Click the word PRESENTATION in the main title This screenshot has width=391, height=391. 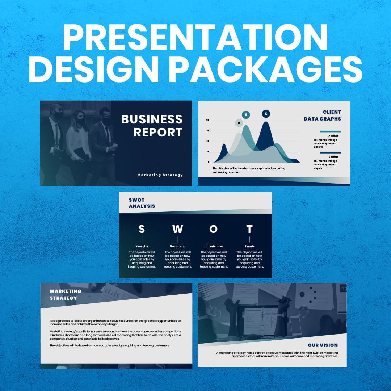(x=195, y=38)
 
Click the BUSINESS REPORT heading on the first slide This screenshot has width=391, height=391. (x=152, y=126)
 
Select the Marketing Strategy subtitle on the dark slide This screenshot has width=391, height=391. (x=160, y=175)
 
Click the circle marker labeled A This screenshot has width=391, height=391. (x=239, y=123)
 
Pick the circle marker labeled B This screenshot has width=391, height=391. (x=246, y=115)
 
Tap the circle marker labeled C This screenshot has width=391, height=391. (x=266, y=114)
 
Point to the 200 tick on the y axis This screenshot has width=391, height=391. (x=207, y=120)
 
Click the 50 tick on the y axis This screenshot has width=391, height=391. (x=208, y=152)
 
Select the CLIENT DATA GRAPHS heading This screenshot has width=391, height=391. (x=323, y=115)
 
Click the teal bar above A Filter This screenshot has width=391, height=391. (x=330, y=131)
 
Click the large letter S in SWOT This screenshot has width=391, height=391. (x=142, y=229)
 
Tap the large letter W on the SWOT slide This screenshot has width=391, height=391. (x=177, y=229)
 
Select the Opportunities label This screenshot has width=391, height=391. (x=214, y=247)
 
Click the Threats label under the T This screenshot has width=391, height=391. (x=249, y=247)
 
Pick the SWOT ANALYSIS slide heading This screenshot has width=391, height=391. (x=142, y=203)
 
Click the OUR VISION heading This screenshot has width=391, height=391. (x=323, y=345)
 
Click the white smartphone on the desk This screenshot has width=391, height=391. (x=295, y=325)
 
